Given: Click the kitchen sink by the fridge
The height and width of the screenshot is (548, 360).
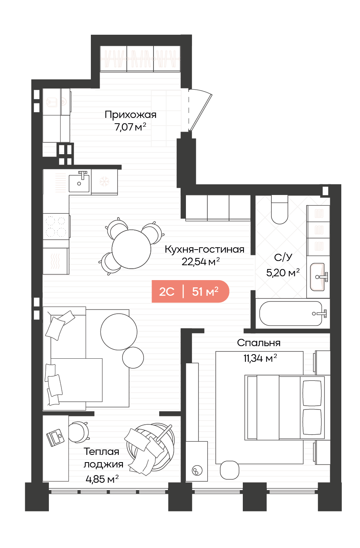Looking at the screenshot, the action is pyautogui.click(x=79, y=182).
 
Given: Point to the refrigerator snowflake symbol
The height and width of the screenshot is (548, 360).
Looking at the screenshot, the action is pyautogui.click(x=104, y=182).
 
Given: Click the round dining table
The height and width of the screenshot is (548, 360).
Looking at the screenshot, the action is pyautogui.click(x=131, y=249).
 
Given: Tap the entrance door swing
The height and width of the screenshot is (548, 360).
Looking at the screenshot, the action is pyautogui.click(x=200, y=110).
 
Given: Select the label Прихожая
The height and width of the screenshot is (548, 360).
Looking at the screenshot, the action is pyautogui.click(x=131, y=115).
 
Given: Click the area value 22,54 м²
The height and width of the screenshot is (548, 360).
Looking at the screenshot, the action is pyautogui.click(x=200, y=261).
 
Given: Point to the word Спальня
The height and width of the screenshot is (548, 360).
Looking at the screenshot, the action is pyautogui.click(x=259, y=343).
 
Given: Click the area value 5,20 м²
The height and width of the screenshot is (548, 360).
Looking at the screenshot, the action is pyautogui.click(x=283, y=272).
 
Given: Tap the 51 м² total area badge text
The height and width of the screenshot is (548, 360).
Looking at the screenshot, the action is pyautogui.click(x=205, y=292).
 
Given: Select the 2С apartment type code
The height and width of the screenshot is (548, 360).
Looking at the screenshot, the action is pyautogui.click(x=167, y=292).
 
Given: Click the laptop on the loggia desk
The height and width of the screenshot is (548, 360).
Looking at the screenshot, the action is pyautogui.click(x=55, y=438).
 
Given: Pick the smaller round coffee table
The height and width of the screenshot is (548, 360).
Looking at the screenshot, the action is pyautogui.click(x=133, y=358).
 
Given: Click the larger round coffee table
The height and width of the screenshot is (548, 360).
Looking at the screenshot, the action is pyautogui.click(x=119, y=332).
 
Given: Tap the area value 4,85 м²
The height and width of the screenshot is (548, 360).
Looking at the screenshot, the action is pyautogui.click(x=102, y=479).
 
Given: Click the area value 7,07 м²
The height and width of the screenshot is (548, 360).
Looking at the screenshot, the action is pyautogui.click(x=130, y=127).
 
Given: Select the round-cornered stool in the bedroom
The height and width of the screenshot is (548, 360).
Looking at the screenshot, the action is pyautogui.click(x=229, y=470).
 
